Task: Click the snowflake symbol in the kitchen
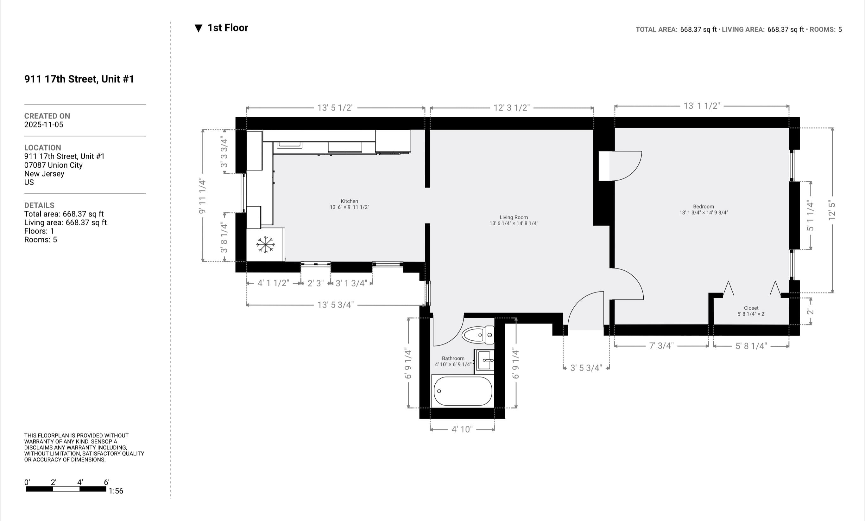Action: [266, 245]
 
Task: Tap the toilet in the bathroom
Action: [478, 335]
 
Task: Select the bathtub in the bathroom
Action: [463, 391]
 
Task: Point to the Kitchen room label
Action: [349, 201]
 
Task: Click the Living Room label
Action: [514, 217]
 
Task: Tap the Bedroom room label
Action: [703, 206]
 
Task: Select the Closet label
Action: [751, 308]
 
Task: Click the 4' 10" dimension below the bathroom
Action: [462, 429]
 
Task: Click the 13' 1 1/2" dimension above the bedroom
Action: [702, 106]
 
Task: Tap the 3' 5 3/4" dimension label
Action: [586, 368]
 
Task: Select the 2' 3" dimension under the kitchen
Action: [316, 283]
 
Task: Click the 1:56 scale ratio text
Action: [116, 491]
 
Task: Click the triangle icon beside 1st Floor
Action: [199, 29]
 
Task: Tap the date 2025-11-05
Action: [43, 125]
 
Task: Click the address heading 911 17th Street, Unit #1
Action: [79, 79]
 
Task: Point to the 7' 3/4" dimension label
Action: [661, 346]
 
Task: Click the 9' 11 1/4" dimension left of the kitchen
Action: [202, 196]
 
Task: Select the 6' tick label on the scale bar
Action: [107, 482]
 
